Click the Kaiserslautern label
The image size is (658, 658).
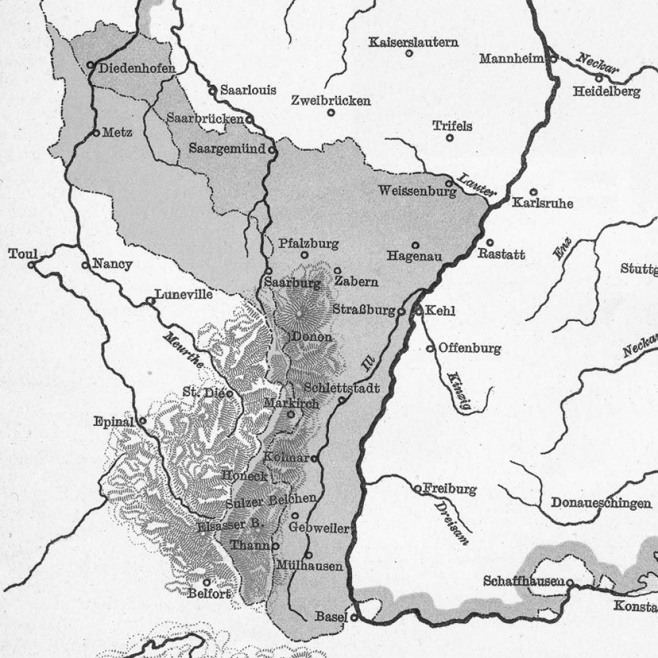click(413, 42)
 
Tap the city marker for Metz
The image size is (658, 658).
click(96, 132)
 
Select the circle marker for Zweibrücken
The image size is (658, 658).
click(331, 113)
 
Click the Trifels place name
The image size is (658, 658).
click(452, 126)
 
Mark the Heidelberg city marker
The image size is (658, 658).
click(599, 78)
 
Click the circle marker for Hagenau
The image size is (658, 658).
click(415, 245)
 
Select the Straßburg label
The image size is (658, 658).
click(363, 310)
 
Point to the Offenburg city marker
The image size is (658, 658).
click(430, 348)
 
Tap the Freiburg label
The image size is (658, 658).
click(449, 489)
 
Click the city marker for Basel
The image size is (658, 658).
click(354, 617)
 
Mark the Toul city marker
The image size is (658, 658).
click(32, 265)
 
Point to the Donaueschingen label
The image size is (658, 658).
click(601, 503)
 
